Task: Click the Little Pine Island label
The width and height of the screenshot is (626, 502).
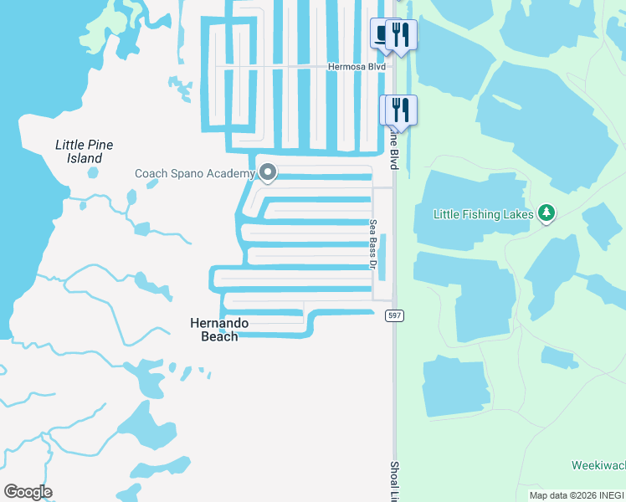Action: coord(84,151)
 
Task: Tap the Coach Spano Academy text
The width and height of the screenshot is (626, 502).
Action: coord(194,173)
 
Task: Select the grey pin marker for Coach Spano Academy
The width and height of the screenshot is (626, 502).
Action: coord(268,172)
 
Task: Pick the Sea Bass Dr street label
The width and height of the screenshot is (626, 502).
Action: coord(374,243)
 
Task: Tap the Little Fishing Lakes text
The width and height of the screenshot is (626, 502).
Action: coord(483,214)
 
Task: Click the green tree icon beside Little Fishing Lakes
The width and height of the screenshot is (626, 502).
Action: coord(546,213)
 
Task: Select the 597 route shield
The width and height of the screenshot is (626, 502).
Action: coord(394,315)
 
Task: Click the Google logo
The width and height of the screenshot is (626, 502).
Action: coord(28,492)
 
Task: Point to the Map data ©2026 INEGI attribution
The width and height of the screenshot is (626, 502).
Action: coord(577,495)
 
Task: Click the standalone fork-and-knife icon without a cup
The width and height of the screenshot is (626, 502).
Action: coord(398,110)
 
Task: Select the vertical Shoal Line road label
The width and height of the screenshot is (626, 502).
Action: coord(394,479)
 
